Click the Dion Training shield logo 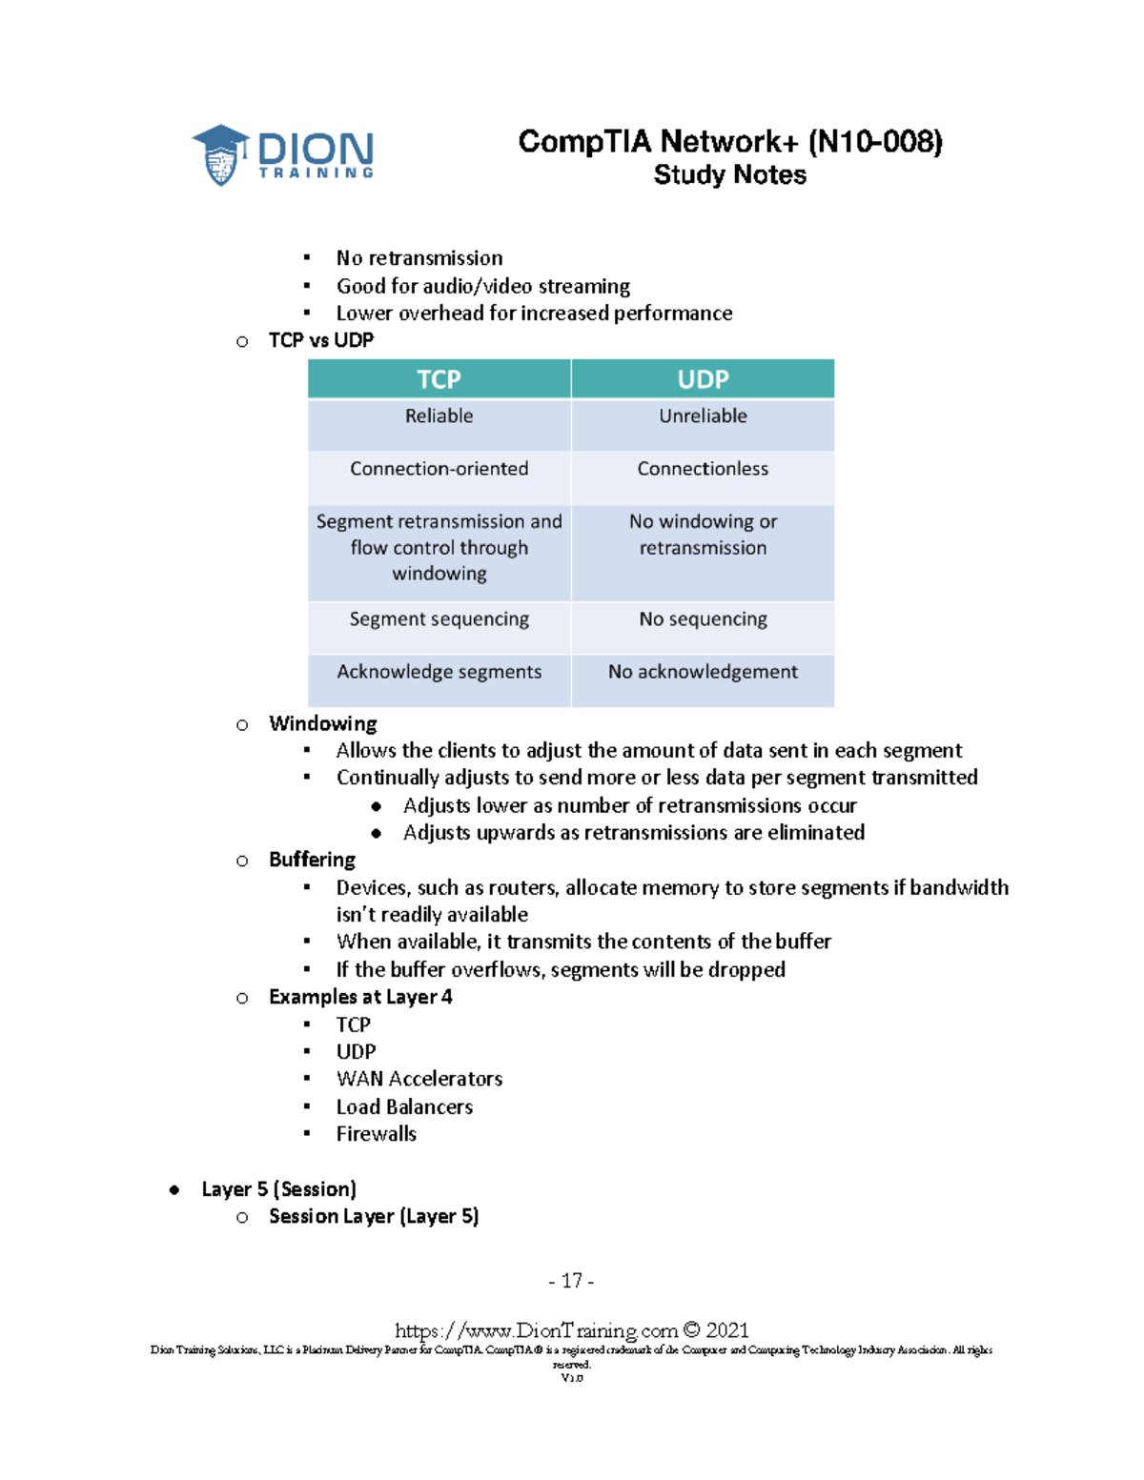click(221, 155)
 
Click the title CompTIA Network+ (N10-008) click(730, 142)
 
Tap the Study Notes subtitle click(730, 175)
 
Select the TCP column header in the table click(439, 379)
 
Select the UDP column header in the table click(703, 379)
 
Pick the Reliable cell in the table click(439, 416)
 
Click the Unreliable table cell click(703, 416)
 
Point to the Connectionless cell click(703, 469)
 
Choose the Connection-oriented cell click(439, 469)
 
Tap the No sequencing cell click(703, 619)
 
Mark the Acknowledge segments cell click(439, 672)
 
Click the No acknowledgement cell click(703, 672)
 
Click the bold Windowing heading click(322, 723)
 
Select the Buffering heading click(312, 860)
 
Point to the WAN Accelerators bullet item click(419, 1079)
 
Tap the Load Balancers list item click(404, 1106)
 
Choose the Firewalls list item click(376, 1134)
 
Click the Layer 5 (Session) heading click(278, 1189)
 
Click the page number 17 click(571, 1281)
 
